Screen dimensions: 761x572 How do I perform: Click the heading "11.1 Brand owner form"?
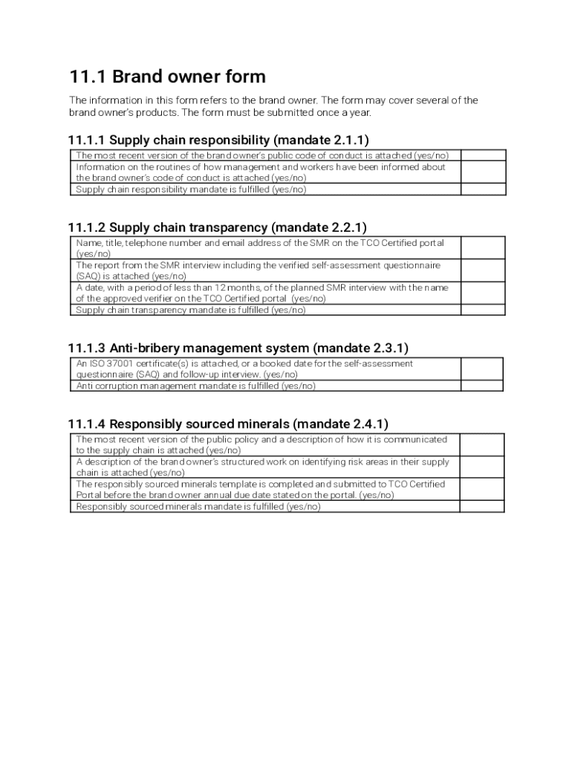point(167,77)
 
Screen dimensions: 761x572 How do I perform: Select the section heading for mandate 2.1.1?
point(218,140)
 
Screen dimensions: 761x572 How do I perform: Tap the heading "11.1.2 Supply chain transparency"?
point(217,227)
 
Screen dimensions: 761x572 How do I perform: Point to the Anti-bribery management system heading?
point(238,348)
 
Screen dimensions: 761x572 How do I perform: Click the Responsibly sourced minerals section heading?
point(228,424)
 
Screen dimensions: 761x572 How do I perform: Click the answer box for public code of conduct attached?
point(483,155)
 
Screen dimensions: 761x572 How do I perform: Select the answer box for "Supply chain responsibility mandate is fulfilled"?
point(483,190)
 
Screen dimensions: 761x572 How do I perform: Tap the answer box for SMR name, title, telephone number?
point(483,248)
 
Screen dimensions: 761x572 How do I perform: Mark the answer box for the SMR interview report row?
point(483,271)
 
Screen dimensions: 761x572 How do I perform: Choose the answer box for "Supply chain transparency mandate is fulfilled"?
point(483,311)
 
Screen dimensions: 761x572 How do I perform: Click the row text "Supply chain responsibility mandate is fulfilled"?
point(191,190)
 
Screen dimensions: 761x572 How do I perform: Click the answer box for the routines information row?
point(483,172)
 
